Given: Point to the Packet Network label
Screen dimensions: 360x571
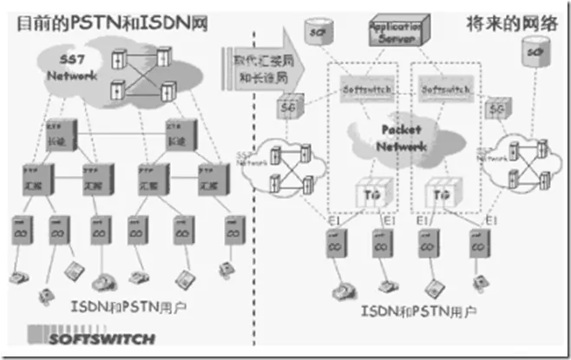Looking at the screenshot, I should (x=401, y=139).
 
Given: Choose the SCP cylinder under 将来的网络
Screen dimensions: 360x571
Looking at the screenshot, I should (x=532, y=56).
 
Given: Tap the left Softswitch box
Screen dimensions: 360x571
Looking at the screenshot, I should (x=362, y=88).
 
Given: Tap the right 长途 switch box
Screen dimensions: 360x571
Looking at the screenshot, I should (x=178, y=135).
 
